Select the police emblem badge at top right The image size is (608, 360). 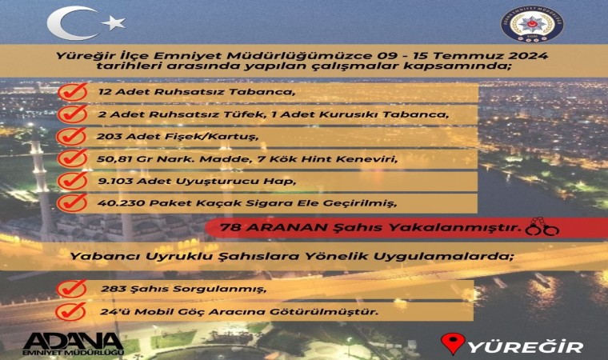[529, 26]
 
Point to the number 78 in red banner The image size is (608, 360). [230, 228]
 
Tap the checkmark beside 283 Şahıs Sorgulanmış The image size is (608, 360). [73, 287]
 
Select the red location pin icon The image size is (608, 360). [454, 344]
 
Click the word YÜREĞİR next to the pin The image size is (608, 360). [525, 346]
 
